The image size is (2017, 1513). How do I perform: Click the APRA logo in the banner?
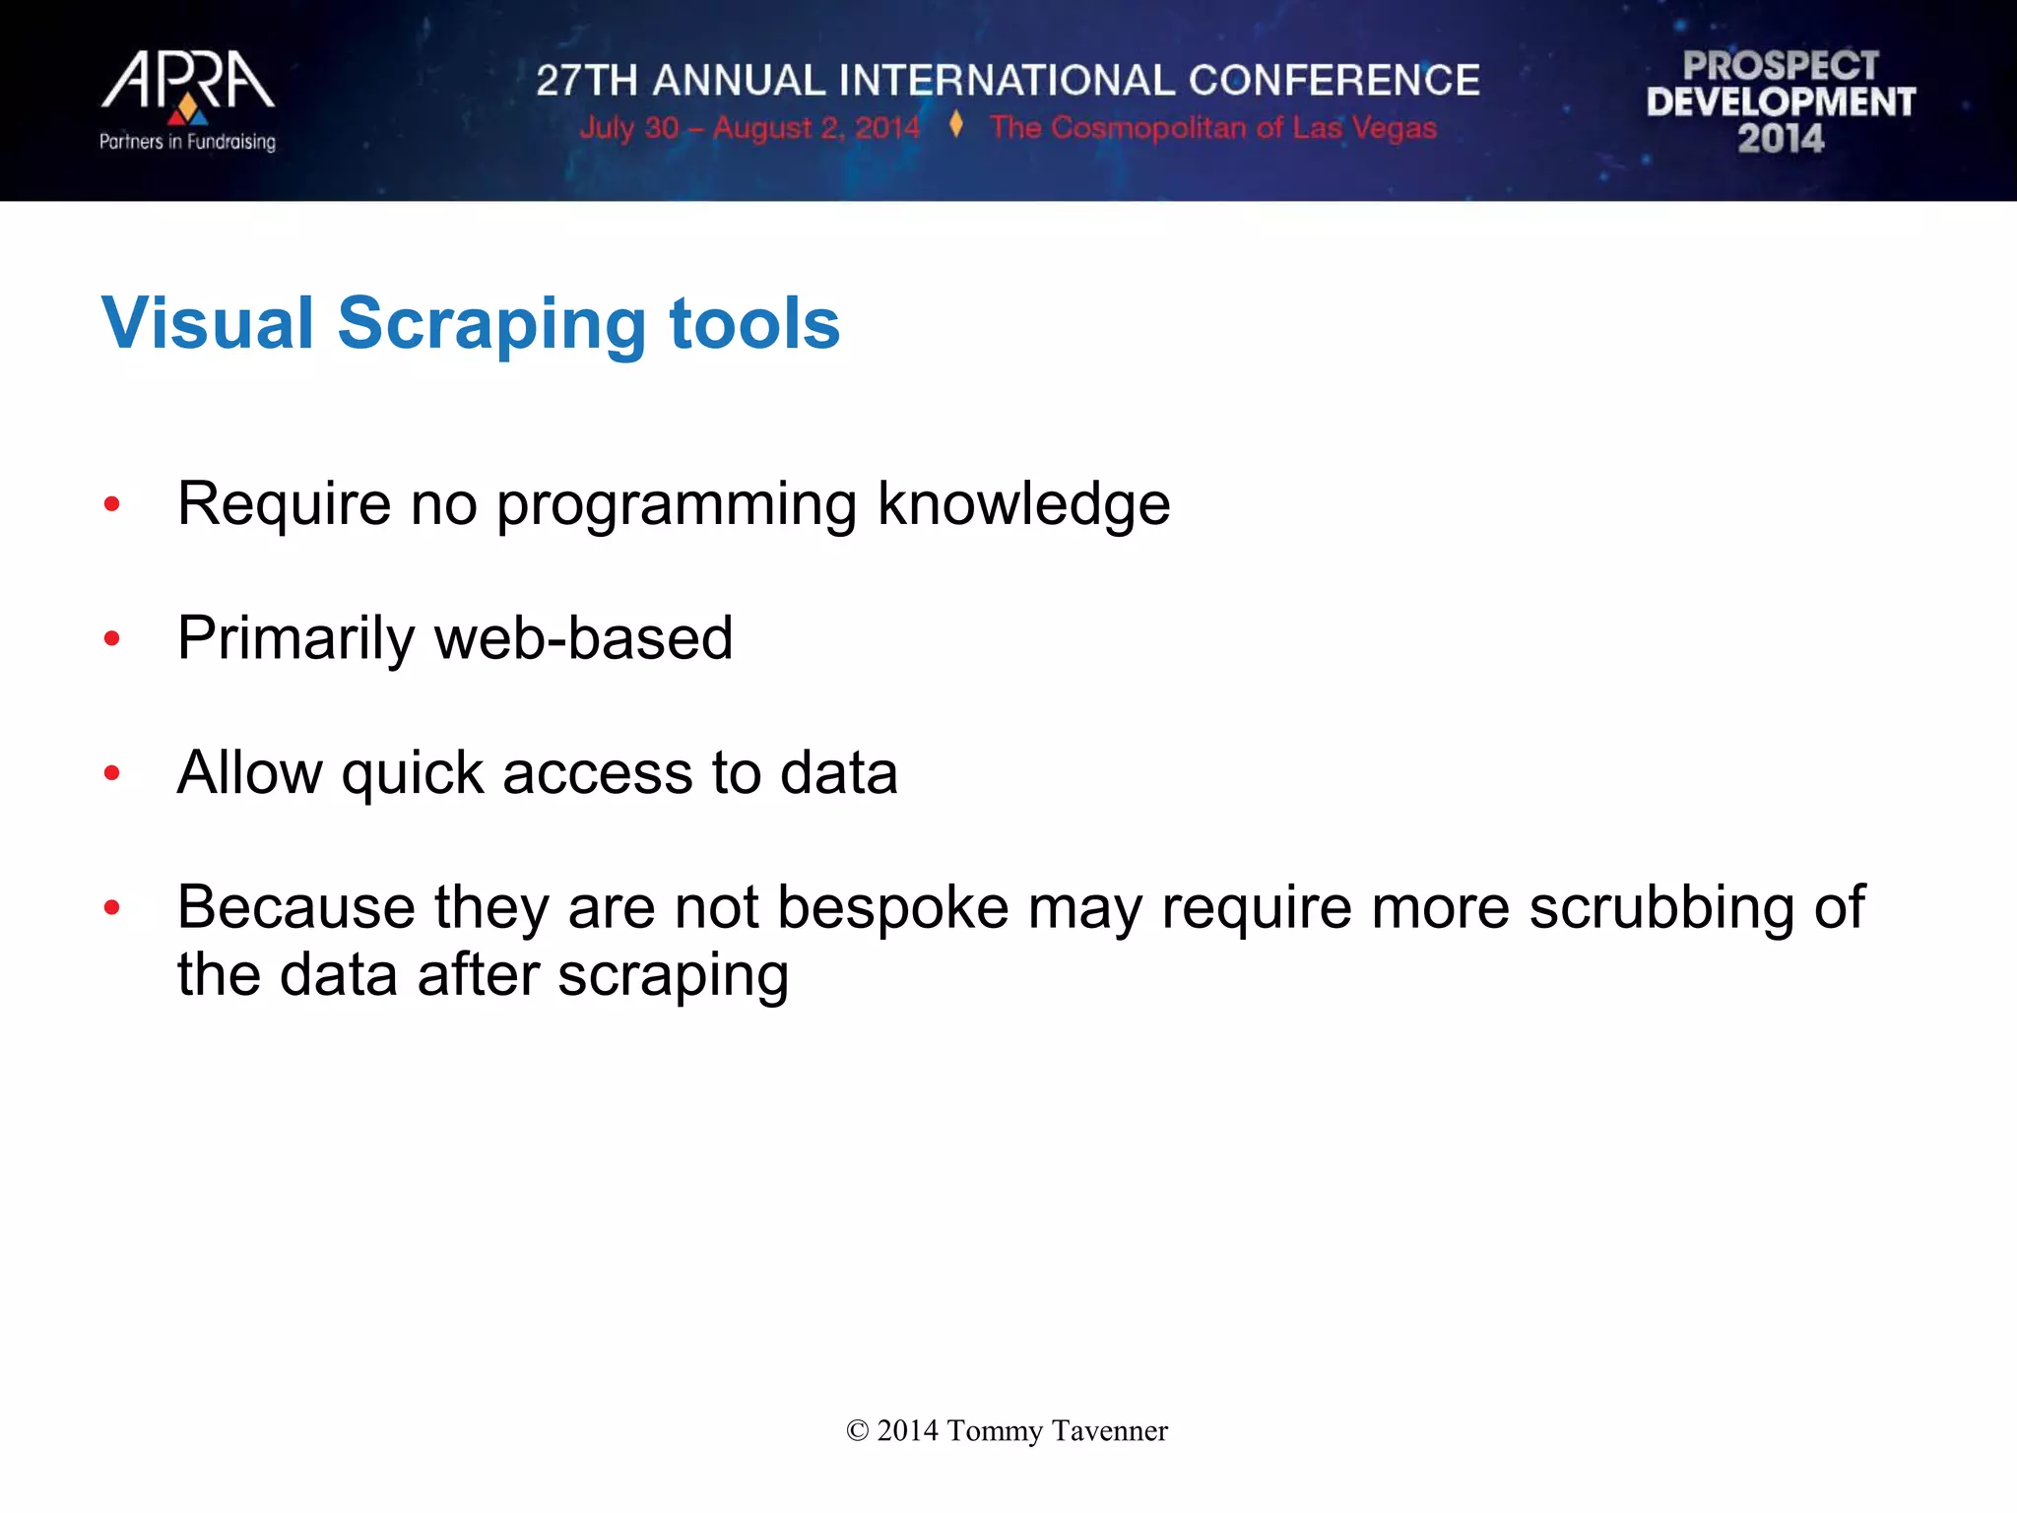tap(187, 83)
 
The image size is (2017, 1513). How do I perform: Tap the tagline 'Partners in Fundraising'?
tap(187, 142)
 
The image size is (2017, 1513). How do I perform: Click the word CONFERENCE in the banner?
tap(1334, 81)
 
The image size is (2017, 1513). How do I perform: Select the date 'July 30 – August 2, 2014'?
tap(748, 128)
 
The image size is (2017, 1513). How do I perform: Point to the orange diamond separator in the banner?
tap(955, 125)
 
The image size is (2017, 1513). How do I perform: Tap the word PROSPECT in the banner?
tap(1781, 66)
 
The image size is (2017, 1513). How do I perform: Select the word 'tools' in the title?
tap(753, 323)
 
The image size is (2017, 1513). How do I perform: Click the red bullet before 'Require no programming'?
tap(112, 504)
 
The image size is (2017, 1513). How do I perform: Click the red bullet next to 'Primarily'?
tap(112, 639)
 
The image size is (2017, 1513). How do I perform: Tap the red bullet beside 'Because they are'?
tap(112, 907)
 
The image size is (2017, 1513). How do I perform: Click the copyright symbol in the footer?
tap(857, 1431)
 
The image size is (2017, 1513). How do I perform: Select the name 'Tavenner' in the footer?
tap(1109, 1431)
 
